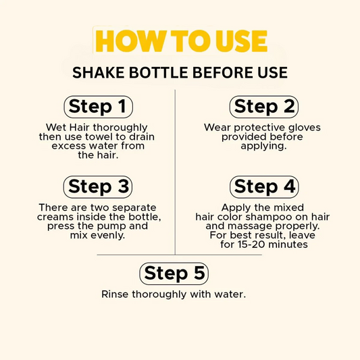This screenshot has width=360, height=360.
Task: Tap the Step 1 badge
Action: tap(97, 107)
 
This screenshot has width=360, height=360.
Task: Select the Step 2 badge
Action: tap(263, 107)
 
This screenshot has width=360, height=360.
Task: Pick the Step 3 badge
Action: tap(97, 186)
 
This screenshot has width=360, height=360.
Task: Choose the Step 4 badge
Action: tap(263, 186)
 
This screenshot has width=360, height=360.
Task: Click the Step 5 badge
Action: tap(174, 274)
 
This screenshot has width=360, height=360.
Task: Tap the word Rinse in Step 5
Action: tap(114, 295)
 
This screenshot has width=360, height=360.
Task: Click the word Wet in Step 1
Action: tap(55, 128)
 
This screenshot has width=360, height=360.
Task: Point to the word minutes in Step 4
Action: tap(288, 245)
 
